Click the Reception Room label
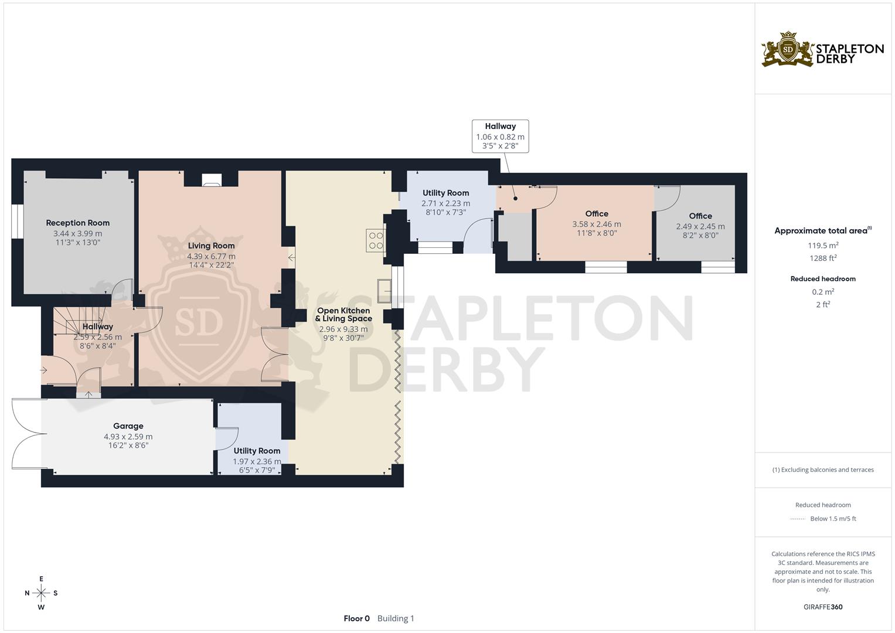[78, 223]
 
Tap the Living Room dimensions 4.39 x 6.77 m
[211, 256]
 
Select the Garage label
[128, 426]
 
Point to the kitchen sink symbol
[384, 291]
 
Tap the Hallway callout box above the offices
[500, 136]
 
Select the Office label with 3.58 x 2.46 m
[596, 214]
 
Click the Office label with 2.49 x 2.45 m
[700, 216]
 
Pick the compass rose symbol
[41, 593]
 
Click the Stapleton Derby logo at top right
[822, 49]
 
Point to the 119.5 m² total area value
[823, 246]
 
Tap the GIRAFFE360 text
[823, 607]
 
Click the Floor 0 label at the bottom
[356, 618]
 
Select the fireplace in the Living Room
[211, 180]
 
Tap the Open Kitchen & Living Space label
[343, 315]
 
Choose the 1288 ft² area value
[823, 258]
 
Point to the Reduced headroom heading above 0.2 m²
[823, 279]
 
